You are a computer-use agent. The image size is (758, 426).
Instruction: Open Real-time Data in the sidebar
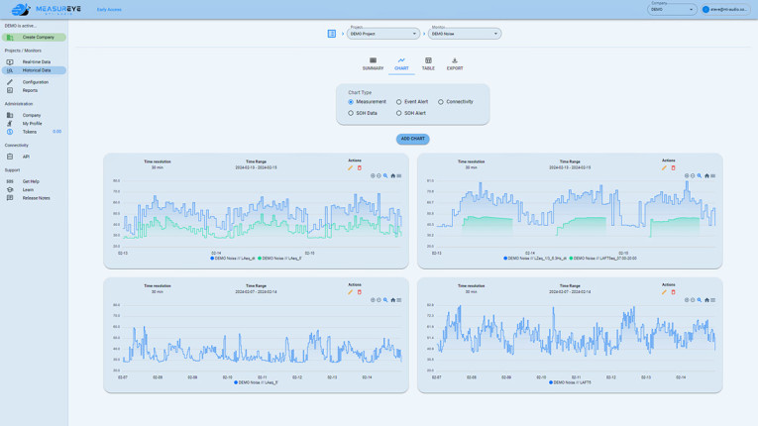(x=36, y=61)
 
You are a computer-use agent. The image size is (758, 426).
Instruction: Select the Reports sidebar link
(x=30, y=90)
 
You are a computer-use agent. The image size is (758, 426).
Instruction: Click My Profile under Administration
(x=32, y=124)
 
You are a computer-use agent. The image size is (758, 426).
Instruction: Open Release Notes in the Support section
(x=36, y=198)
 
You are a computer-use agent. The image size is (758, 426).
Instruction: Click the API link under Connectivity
(x=26, y=157)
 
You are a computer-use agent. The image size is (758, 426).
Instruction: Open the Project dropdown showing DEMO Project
(x=382, y=34)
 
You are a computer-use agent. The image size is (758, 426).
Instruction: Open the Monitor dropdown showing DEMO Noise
(x=465, y=34)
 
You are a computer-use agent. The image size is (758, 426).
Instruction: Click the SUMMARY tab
(x=373, y=63)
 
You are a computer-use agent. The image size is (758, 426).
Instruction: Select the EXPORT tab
(x=455, y=63)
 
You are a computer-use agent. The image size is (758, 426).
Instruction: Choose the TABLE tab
(x=428, y=63)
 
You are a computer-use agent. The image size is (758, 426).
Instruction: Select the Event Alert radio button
(x=399, y=102)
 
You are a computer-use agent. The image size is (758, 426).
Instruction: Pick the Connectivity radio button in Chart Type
(x=441, y=102)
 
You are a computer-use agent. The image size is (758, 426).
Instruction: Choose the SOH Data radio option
(x=351, y=113)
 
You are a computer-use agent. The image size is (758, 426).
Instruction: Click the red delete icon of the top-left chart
(x=360, y=167)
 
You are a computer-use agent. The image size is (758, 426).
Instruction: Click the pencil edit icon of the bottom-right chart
(x=664, y=292)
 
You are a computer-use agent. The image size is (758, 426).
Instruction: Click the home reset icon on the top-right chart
(x=706, y=176)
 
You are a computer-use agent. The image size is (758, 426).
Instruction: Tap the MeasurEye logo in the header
(x=45, y=10)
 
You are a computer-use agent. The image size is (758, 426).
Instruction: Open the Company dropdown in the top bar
(x=673, y=10)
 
